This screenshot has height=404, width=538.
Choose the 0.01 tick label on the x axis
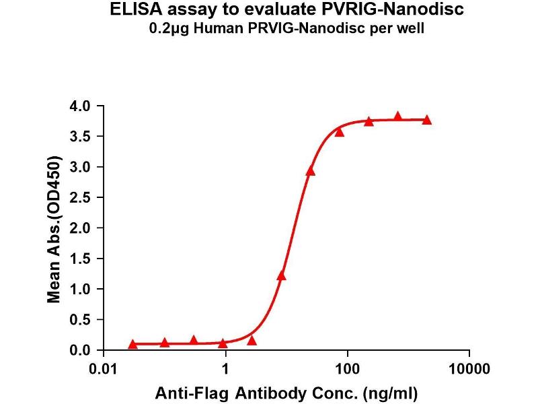pos(104,370)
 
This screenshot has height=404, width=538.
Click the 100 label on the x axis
pos(348,370)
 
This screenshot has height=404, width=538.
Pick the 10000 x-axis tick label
pos(469,370)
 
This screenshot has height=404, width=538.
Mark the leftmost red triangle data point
pos(132,344)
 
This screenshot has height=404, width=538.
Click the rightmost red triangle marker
pos(427,120)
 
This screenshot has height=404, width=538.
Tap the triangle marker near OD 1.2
pos(281,275)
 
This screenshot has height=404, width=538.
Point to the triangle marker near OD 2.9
pos(310,171)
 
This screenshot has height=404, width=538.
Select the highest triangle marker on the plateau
pos(397,116)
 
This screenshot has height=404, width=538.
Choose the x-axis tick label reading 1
pos(226,370)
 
